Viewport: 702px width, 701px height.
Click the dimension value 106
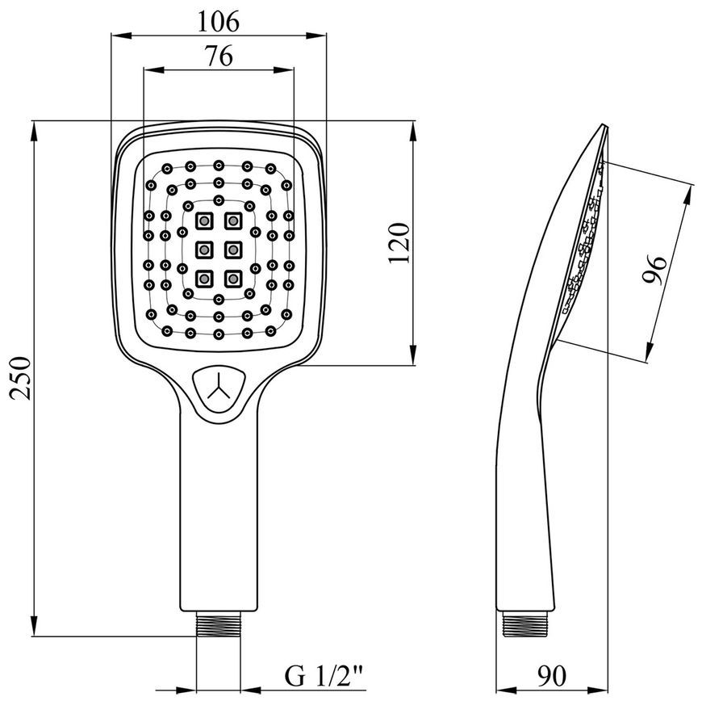[x=219, y=22]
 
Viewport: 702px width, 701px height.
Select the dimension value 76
[x=219, y=57]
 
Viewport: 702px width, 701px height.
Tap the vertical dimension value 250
[x=21, y=378]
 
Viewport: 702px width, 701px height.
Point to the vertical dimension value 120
[x=399, y=243]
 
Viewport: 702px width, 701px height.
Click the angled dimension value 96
[x=654, y=270]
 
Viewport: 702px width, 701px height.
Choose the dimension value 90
[x=552, y=676]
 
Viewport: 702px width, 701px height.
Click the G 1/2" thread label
[x=324, y=676]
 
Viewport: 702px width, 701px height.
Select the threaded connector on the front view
[x=219, y=624]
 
